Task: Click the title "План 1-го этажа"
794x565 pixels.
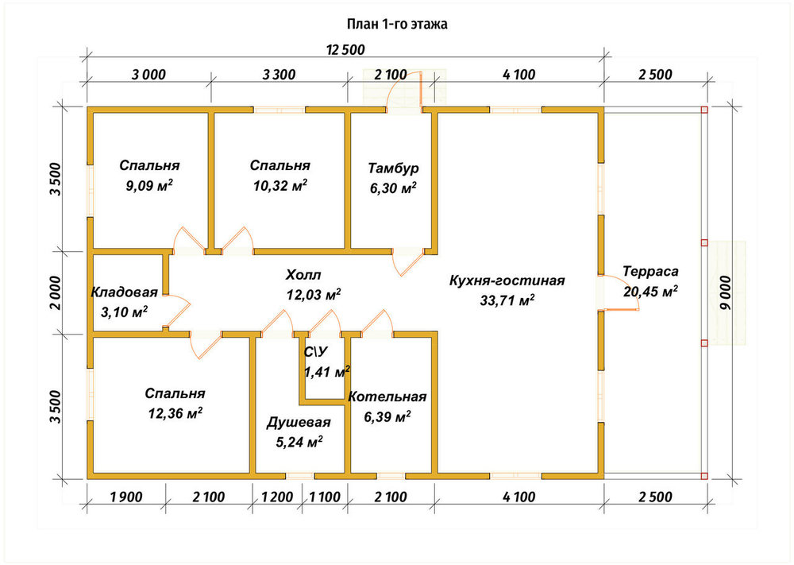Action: (397, 24)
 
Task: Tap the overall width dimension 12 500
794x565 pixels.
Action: (345, 50)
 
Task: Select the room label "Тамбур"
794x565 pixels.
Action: (394, 168)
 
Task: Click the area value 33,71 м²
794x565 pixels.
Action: (507, 300)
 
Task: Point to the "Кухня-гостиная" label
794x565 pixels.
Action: (507, 281)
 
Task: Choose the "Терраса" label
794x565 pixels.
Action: (651, 272)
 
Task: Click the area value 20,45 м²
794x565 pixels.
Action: (651, 292)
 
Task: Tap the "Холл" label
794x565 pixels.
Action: (303, 275)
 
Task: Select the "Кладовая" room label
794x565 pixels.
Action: (125, 292)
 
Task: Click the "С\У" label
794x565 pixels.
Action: (315, 352)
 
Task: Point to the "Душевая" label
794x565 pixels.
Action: (299, 423)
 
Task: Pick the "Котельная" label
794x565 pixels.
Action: (387, 397)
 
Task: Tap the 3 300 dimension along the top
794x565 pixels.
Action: (279, 75)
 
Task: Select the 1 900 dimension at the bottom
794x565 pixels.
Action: (126, 497)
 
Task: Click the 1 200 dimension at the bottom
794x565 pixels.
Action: (277, 497)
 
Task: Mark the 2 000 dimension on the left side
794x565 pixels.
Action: (56, 293)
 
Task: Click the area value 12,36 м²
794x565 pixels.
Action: (175, 413)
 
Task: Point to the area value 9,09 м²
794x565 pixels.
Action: (149, 185)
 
